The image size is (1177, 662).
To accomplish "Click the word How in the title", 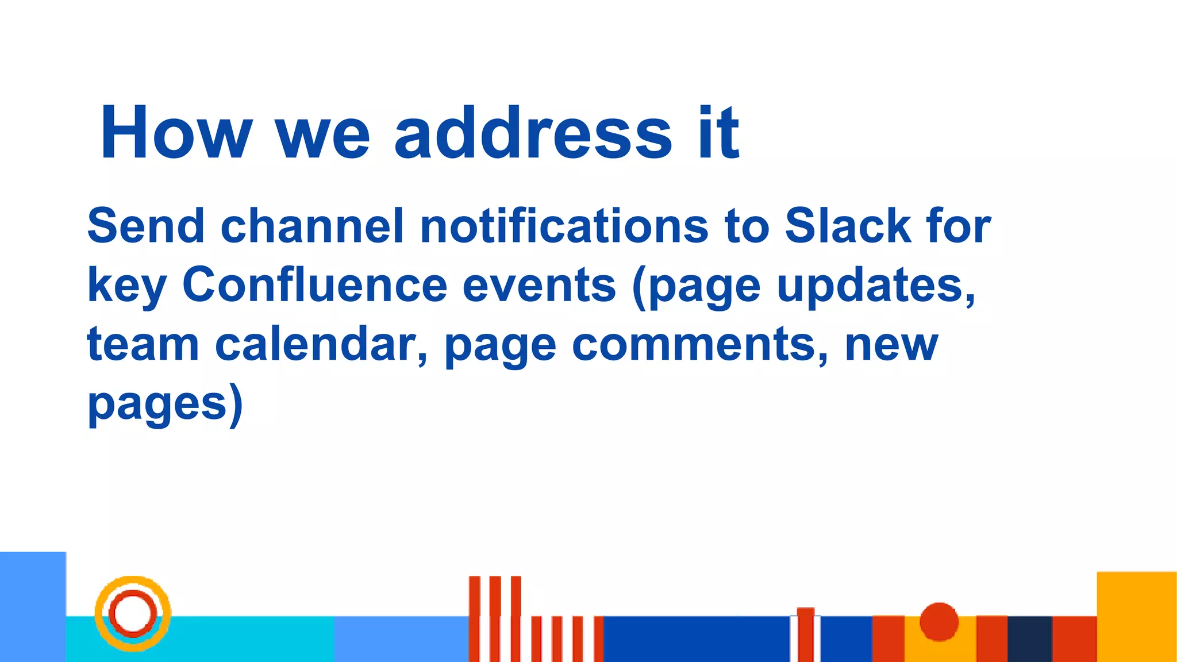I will [x=176, y=133].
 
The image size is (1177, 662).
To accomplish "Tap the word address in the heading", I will [x=533, y=133].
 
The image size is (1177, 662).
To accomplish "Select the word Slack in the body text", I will [x=848, y=226].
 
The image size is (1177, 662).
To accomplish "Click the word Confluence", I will [x=314, y=285].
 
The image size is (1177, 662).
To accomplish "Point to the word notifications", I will [x=564, y=226].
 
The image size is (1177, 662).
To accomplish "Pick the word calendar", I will [x=321, y=344].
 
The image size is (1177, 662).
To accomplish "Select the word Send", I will [x=146, y=226].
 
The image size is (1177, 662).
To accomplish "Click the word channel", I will [x=312, y=226].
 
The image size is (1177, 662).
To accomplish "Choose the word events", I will [x=539, y=285].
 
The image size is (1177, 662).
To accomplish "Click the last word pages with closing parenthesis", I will [x=166, y=405].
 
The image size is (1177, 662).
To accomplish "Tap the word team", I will [x=143, y=344].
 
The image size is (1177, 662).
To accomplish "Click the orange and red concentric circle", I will [x=133, y=613].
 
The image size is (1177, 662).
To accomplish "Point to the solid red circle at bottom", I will [x=938, y=621].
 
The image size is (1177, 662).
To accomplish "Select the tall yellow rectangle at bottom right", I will [x=1136, y=616].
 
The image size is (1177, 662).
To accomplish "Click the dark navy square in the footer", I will [x=1029, y=638].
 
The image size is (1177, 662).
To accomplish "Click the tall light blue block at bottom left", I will [x=33, y=606].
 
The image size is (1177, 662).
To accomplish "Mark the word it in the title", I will [x=718, y=133].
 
